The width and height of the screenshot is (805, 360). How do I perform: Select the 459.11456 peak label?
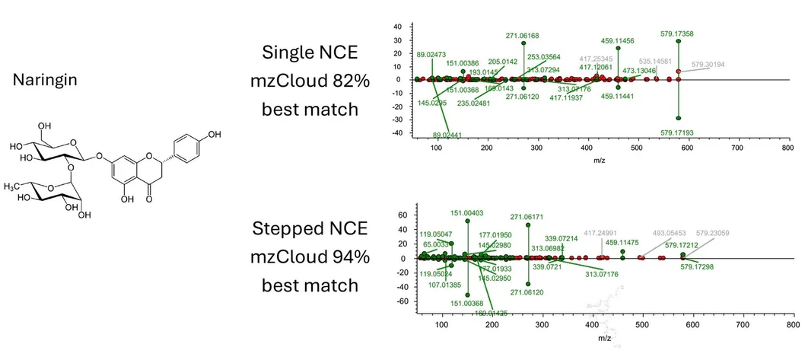point(618,41)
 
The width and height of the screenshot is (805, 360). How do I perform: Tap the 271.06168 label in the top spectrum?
point(523,35)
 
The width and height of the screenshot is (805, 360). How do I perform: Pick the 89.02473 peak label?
point(432,54)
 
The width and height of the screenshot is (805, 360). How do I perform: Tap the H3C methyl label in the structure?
point(14,186)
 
